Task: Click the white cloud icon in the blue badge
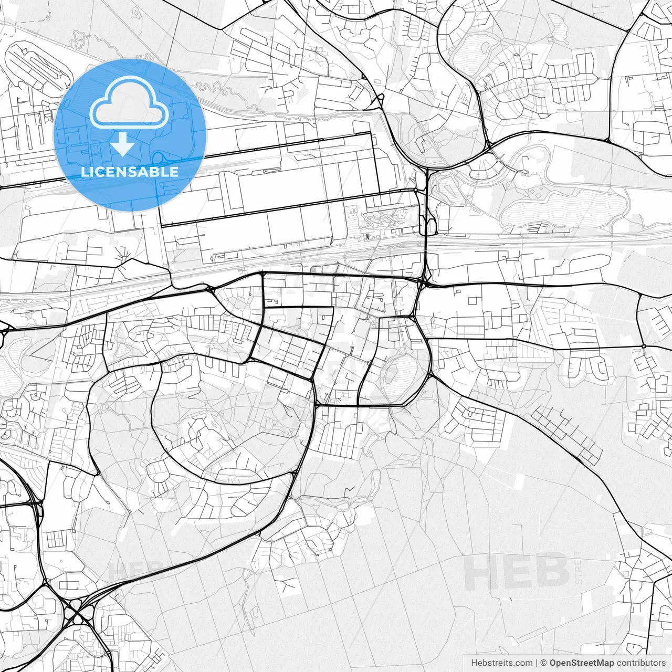129,102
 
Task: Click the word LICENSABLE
130,172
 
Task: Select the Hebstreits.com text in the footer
501,663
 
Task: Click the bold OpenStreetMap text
582,663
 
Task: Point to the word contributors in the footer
641,663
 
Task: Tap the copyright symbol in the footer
544,663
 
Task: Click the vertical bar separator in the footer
537,663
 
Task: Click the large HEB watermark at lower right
517,571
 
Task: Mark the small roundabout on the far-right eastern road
644,346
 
